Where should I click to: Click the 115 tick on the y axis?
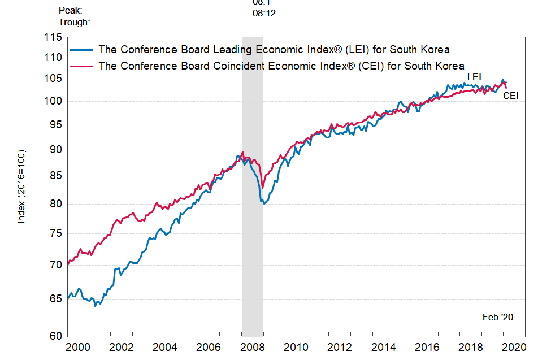click(54, 37)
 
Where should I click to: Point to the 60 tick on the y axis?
click(56, 336)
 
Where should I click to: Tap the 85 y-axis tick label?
click(56, 176)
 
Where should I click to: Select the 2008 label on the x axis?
click(253, 346)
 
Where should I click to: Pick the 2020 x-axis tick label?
click(515, 346)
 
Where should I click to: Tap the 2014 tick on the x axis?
click(384, 346)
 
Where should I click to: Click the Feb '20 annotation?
click(498, 317)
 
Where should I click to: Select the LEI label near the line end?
click(474, 77)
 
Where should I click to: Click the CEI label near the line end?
click(510, 96)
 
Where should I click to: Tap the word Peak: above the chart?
click(70, 11)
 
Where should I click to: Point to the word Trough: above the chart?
click(74, 23)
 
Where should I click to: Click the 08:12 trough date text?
click(264, 12)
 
